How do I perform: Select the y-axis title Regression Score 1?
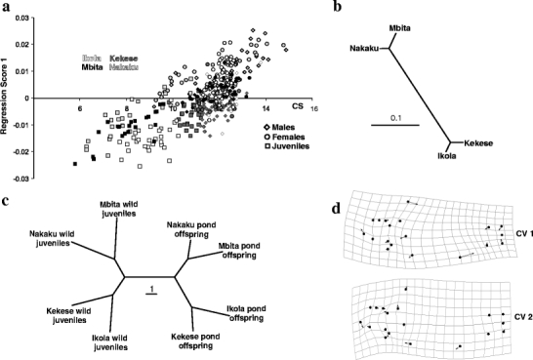point(8,95)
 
